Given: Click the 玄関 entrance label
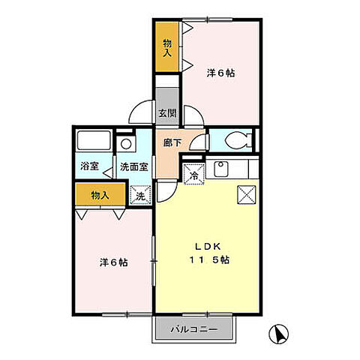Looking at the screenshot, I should pyautogui.click(x=167, y=114).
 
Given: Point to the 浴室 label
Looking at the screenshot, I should pyautogui.click(x=90, y=166).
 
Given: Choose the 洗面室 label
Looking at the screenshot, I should pyautogui.click(x=134, y=166).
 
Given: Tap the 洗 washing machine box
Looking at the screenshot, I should pyautogui.click(x=139, y=195).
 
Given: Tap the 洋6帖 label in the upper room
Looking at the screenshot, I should pyautogui.click(x=221, y=73).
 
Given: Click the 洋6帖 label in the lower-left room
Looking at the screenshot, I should pyautogui.click(x=113, y=262).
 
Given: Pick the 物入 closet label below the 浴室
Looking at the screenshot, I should pyautogui.click(x=100, y=195).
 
